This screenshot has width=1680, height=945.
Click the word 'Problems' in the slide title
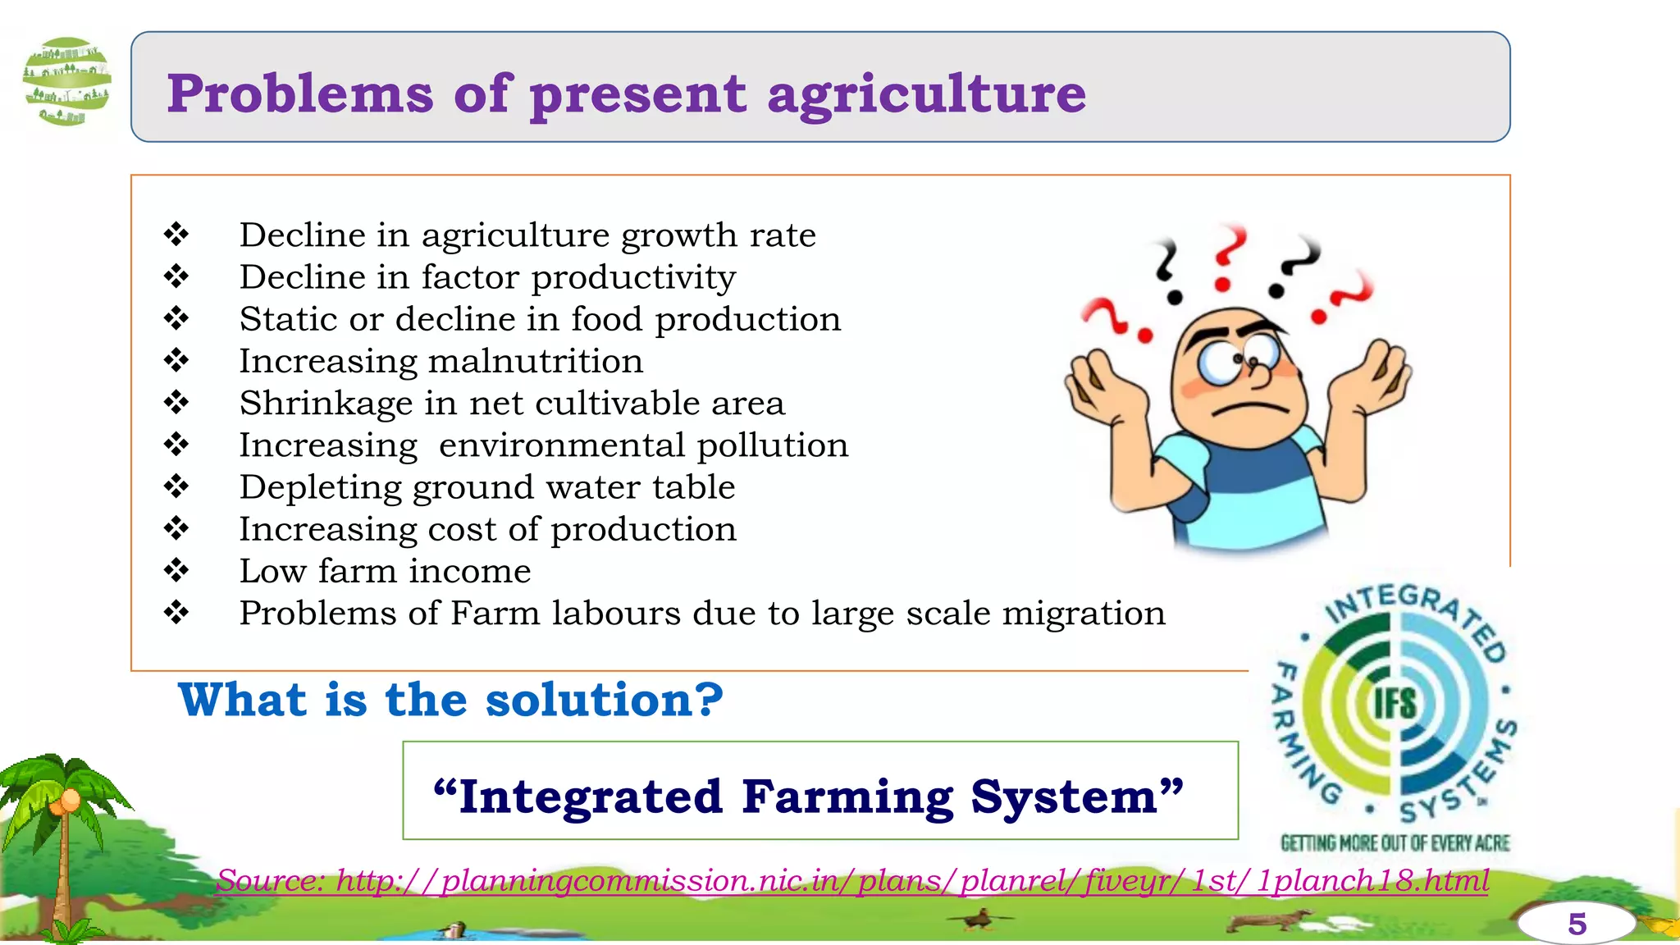coord(299,94)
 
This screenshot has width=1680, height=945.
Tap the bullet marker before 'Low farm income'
coord(176,570)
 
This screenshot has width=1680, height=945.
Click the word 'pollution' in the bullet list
coord(772,445)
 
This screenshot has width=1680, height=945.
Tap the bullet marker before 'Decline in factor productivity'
coord(176,276)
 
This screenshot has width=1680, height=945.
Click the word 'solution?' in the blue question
coord(604,700)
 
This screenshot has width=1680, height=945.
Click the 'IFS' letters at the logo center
coord(1395,703)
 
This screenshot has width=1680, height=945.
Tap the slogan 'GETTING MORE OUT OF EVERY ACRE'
coord(1395,843)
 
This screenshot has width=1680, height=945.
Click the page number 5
coord(1576,924)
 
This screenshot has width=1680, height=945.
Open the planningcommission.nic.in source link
coord(853,881)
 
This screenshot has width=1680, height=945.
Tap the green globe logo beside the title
coord(67,81)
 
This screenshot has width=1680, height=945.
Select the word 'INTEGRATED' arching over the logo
coord(1415,611)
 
